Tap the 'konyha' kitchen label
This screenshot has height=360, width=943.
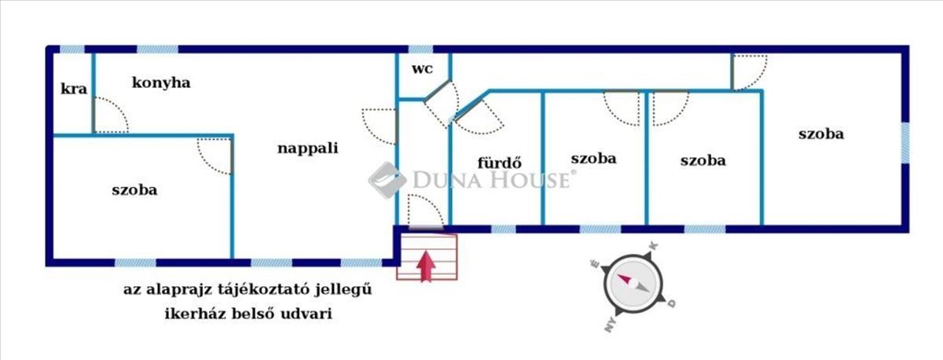point(162,83)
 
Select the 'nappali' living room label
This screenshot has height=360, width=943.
point(307,147)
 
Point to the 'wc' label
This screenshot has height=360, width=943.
point(422,68)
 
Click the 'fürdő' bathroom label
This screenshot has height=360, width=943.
point(501,163)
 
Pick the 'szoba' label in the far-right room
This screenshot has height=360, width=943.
point(820,134)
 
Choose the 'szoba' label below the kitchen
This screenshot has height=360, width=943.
point(134,189)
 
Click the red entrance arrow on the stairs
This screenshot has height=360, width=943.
point(426,265)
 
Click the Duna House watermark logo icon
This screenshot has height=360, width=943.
point(387,180)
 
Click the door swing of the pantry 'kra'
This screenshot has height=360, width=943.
point(109,116)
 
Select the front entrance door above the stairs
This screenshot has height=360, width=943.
point(425,211)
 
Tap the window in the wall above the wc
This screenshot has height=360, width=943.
point(420,49)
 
